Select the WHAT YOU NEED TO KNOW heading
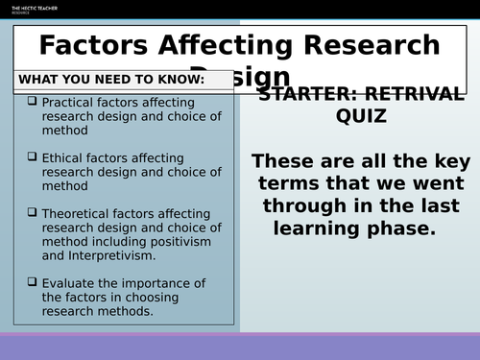coord(111,79)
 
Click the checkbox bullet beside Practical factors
coord(33,101)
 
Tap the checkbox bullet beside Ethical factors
coord(33,156)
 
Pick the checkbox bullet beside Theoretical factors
coord(33,211)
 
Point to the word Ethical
coord(63,156)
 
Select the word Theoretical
coord(78,212)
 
